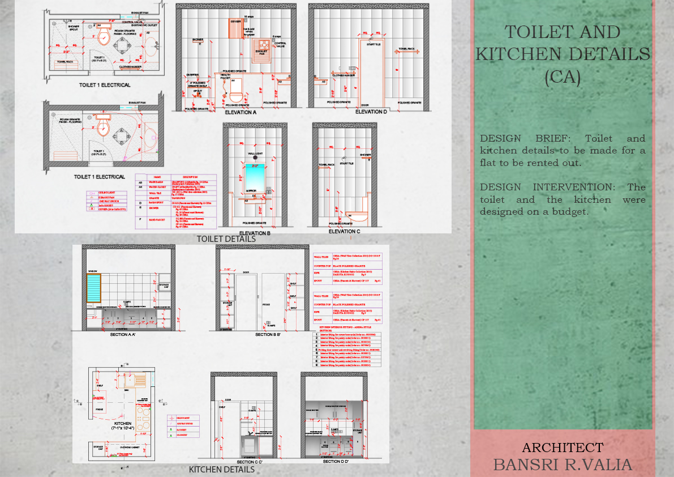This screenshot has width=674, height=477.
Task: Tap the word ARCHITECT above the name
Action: tap(563, 448)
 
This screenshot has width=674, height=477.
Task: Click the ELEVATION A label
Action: tap(241, 112)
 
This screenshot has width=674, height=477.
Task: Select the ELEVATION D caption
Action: tap(371, 112)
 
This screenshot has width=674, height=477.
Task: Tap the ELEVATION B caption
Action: tap(255, 233)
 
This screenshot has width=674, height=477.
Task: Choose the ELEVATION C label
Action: tap(345, 232)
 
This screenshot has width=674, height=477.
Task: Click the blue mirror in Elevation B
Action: tap(255, 175)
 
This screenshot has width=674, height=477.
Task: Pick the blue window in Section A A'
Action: tap(93, 289)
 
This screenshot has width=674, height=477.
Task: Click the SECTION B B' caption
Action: tap(268, 335)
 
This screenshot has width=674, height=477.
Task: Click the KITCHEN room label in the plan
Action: tap(123, 424)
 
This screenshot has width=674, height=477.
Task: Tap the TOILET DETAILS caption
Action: tap(226, 239)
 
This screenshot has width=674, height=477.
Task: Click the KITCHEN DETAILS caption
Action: tap(221, 470)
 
